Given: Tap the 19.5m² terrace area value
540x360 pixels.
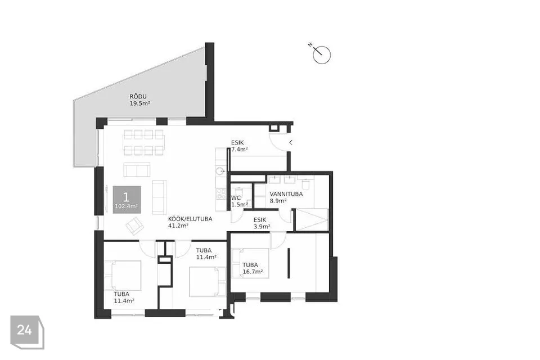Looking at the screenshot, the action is click(x=140, y=103).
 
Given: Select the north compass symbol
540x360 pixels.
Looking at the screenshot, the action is click(x=321, y=54).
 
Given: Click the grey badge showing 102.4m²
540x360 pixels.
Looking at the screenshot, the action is click(x=127, y=200).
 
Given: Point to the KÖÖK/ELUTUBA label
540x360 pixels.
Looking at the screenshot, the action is click(x=190, y=219).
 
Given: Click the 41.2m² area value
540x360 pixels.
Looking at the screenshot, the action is click(x=178, y=226).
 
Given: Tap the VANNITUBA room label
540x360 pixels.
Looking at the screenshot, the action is click(x=286, y=194).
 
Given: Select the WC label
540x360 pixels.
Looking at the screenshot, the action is click(x=236, y=198).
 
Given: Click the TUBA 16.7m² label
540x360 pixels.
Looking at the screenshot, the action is click(x=253, y=268).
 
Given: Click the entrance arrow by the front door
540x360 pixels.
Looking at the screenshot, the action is click(x=291, y=142).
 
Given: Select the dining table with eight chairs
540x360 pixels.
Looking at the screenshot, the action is click(x=143, y=142).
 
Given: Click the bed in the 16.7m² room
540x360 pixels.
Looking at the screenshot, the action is click(x=251, y=263).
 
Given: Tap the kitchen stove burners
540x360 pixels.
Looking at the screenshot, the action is click(x=220, y=194).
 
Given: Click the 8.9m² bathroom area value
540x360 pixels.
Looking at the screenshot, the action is click(x=278, y=201).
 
